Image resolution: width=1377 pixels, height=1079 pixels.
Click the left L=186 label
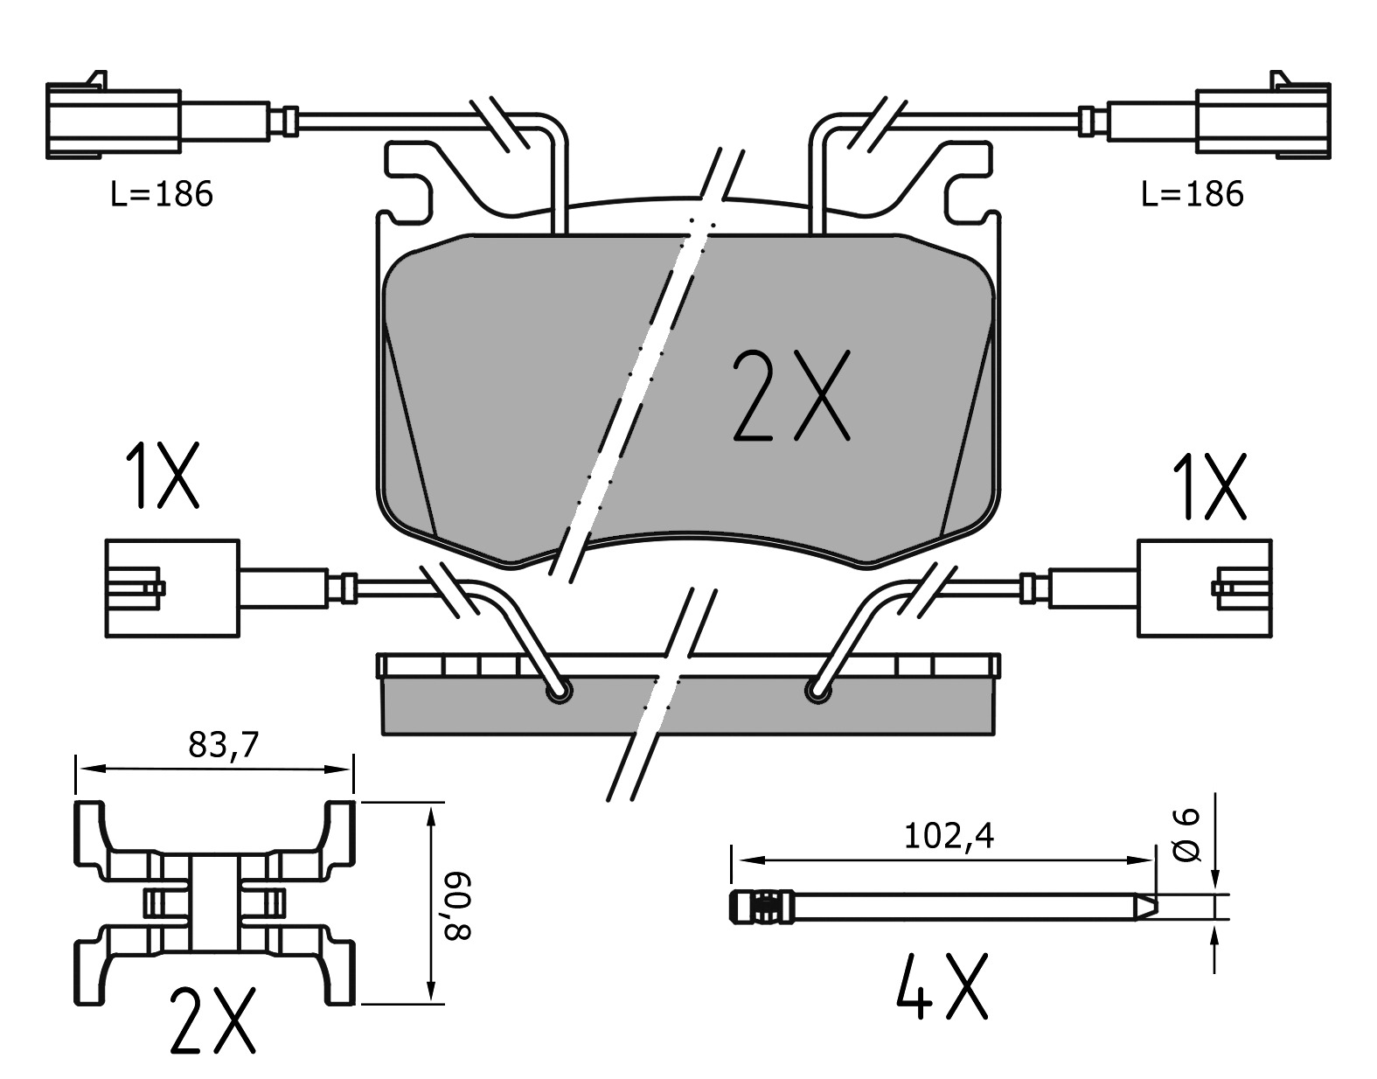[162, 194]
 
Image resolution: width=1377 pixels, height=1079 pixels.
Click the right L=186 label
[1192, 194]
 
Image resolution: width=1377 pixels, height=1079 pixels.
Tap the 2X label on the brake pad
[789, 395]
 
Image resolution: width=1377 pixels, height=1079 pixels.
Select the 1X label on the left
[162, 477]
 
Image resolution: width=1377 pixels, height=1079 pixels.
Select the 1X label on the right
[1207, 486]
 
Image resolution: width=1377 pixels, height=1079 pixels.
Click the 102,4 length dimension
[948, 837]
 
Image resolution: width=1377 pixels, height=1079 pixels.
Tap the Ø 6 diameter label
[1187, 836]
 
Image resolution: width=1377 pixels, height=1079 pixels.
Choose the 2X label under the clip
[212, 1020]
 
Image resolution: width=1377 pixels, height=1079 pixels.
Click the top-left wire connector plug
[114, 122]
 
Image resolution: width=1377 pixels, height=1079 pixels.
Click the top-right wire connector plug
[1262, 122]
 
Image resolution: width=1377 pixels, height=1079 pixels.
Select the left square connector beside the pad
[171, 588]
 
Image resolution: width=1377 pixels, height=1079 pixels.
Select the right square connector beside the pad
[1204, 588]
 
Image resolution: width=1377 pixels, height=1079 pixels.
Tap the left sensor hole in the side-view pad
[557, 693]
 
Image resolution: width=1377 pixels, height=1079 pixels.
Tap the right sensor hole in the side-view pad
[817, 693]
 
